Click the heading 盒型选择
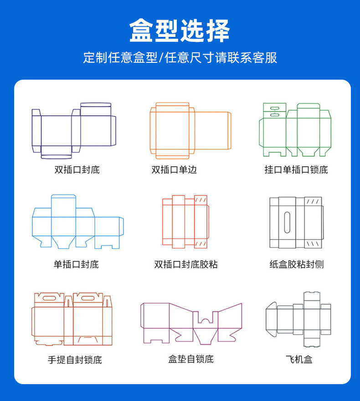[180, 31]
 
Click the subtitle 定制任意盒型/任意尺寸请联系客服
[180, 58]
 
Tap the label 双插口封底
[77, 170]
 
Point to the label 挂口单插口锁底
[296, 170]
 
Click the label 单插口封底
[76, 264]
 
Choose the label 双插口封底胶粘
[185, 264]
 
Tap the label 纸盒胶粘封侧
[296, 264]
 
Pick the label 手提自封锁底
[75, 360]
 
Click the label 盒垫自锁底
[190, 359]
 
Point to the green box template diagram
[295, 129]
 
